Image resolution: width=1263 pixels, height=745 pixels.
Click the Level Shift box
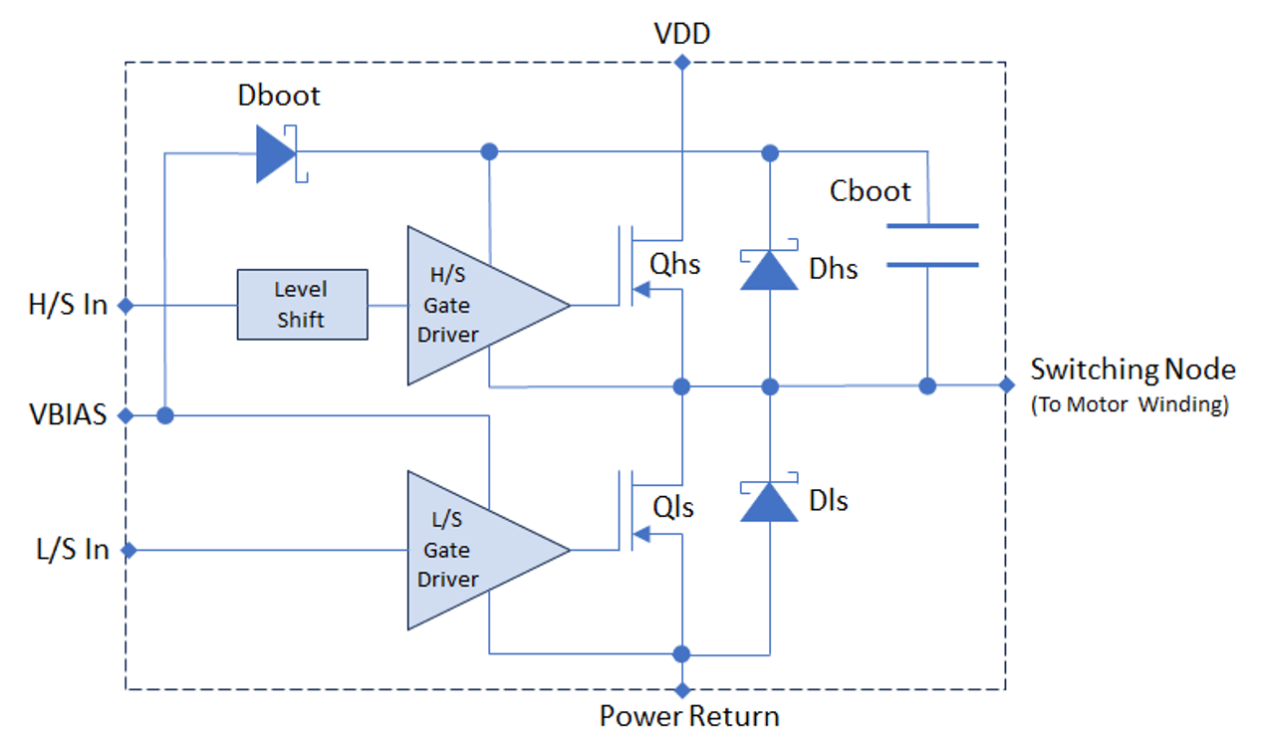point(302,305)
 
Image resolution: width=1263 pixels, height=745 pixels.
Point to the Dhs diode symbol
point(769,269)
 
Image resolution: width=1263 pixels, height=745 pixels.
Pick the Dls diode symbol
point(769,501)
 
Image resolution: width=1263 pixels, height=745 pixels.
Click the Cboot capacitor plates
point(931,245)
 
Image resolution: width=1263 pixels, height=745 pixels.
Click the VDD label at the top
point(681,35)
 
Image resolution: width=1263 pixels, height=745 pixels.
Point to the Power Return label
point(688,716)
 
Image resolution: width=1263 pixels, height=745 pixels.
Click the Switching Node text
point(1133,370)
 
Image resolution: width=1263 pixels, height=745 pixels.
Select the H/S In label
point(68,305)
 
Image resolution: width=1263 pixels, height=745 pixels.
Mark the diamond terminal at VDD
point(681,63)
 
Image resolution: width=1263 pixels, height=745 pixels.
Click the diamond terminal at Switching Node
point(1005,385)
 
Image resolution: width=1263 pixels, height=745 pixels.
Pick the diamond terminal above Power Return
point(681,689)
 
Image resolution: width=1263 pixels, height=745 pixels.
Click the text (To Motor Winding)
point(1130,405)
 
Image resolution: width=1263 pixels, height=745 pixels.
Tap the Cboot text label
point(870,191)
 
